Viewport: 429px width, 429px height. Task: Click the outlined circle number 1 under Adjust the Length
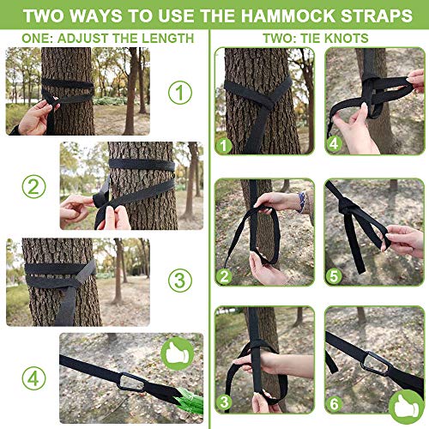pyautogui.click(x=179, y=92)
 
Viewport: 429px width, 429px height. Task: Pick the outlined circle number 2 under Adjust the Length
pyautogui.click(x=32, y=186)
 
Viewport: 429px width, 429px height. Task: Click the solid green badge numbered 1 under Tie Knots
pyautogui.click(x=226, y=146)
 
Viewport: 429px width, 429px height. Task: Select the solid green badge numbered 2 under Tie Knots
pyautogui.click(x=226, y=276)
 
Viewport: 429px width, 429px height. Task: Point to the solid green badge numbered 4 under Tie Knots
pyautogui.click(x=335, y=146)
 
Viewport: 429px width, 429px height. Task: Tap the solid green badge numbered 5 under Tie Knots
pyautogui.click(x=335, y=276)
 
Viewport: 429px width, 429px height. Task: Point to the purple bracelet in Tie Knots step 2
pyautogui.click(x=300, y=202)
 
